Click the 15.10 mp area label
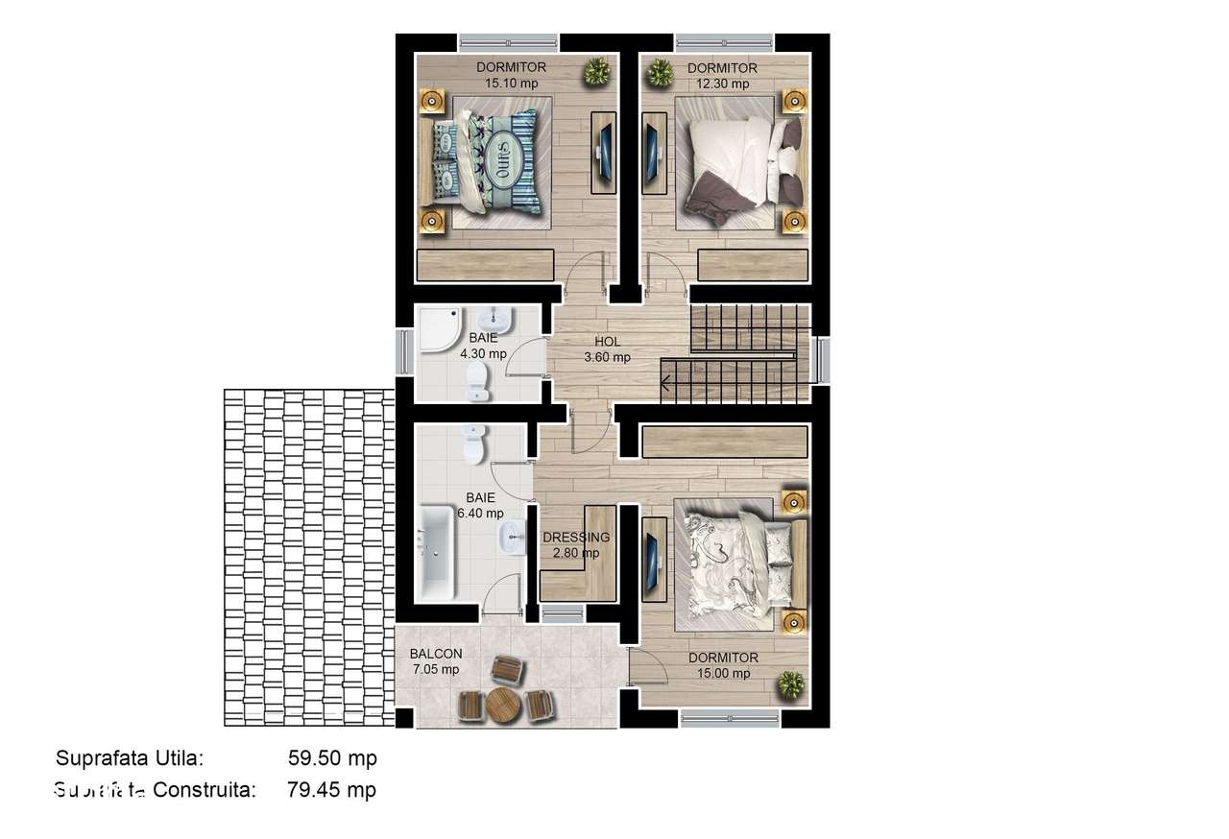[511, 84]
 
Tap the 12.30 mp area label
[722, 84]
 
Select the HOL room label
[607, 341]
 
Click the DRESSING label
[576, 538]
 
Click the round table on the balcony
[501, 706]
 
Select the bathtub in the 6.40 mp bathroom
[436, 553]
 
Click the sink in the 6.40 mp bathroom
[513, 538]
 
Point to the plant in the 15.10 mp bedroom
[597, 71]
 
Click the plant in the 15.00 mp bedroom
[790, 684]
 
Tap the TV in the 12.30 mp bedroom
[653, 153]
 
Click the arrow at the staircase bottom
[664, 388]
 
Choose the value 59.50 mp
[332, 757]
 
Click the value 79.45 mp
[331, 790]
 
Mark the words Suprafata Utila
[131, 757]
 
